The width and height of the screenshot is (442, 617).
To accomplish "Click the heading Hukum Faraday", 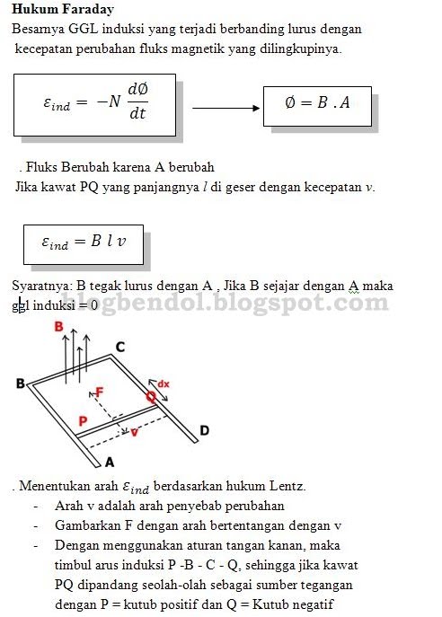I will point(63,8).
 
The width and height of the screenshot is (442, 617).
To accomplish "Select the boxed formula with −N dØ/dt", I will point(94,104).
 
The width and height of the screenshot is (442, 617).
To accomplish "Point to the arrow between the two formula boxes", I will point(224,108).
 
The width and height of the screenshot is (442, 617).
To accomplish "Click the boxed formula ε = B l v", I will point(84,242).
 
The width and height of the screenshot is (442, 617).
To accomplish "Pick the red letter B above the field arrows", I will point(60,327).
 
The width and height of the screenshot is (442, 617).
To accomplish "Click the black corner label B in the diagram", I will point(20,383).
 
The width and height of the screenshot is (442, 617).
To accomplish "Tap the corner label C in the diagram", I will point(119,347).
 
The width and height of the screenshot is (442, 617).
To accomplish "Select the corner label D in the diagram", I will point(204,431).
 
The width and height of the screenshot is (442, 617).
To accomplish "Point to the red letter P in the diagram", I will point(82,420).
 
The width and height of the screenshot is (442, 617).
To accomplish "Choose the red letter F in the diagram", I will point(99,392).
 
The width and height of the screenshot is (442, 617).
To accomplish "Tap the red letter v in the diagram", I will point(134,431).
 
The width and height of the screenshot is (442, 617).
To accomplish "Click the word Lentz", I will point(287,486).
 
